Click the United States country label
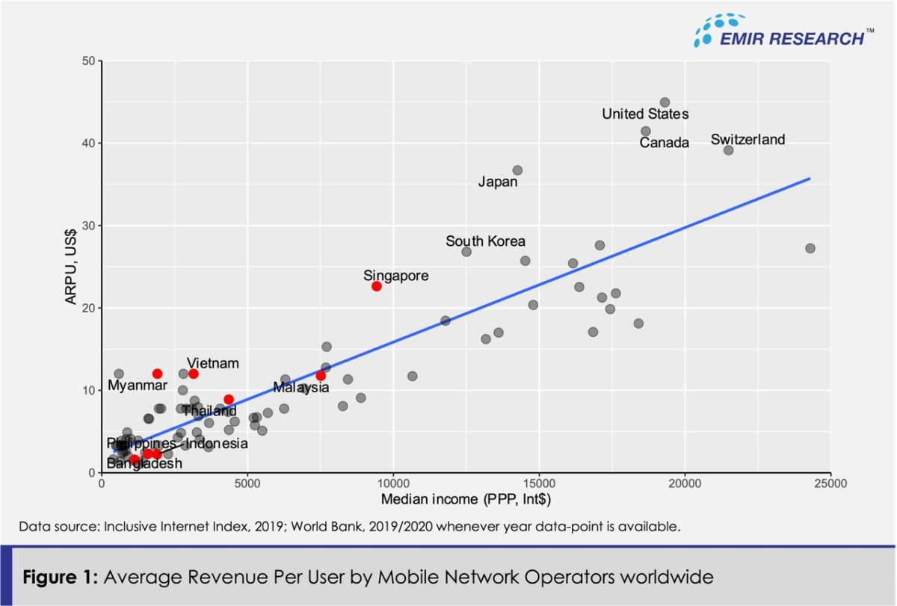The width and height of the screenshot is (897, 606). (645, 114)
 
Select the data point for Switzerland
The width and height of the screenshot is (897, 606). (728, 150)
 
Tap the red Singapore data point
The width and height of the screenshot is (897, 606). (376, 286)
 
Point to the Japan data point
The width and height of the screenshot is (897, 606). (517, 170)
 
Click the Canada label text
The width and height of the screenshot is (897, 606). (664, 143)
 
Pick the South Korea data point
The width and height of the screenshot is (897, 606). (466, 252)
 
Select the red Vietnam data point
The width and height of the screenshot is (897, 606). (194, 374)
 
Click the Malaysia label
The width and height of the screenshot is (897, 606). (300, 388)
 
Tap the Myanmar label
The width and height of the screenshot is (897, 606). (138, 386)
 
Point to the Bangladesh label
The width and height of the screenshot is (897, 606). (144, 464)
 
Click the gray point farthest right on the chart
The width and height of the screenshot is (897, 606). (810, 248)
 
